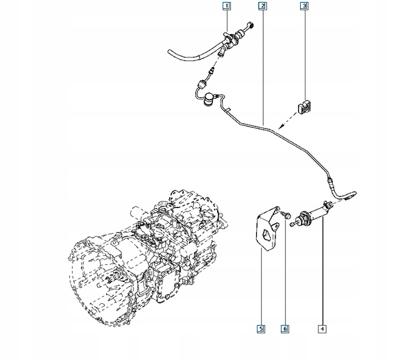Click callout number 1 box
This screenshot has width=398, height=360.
click(x=227, y=6)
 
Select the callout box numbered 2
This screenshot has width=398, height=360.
click(x=263, y=6)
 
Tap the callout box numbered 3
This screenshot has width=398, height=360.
click(x=304, y=6)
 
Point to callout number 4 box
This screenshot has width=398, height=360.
click(x=322, y=329)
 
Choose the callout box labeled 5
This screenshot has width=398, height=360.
click(x=261, y=329)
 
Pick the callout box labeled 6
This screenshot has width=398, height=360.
click(x=285, y=329)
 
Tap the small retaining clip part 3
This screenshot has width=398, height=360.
click(x=305, y=106)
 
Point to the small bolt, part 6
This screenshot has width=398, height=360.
click(x=287, y=215)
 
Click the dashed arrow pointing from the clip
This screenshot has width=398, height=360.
click(x=288, y=120)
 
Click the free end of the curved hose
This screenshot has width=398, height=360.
click(x=169, y=52)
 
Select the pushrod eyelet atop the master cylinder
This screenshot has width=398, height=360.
click(x=251, y=25)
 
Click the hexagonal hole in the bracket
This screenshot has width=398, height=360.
click(x=266, y=235)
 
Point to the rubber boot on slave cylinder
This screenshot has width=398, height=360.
click(x=303, y=218)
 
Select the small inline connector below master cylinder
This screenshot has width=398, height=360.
click(x=202, y=83)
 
